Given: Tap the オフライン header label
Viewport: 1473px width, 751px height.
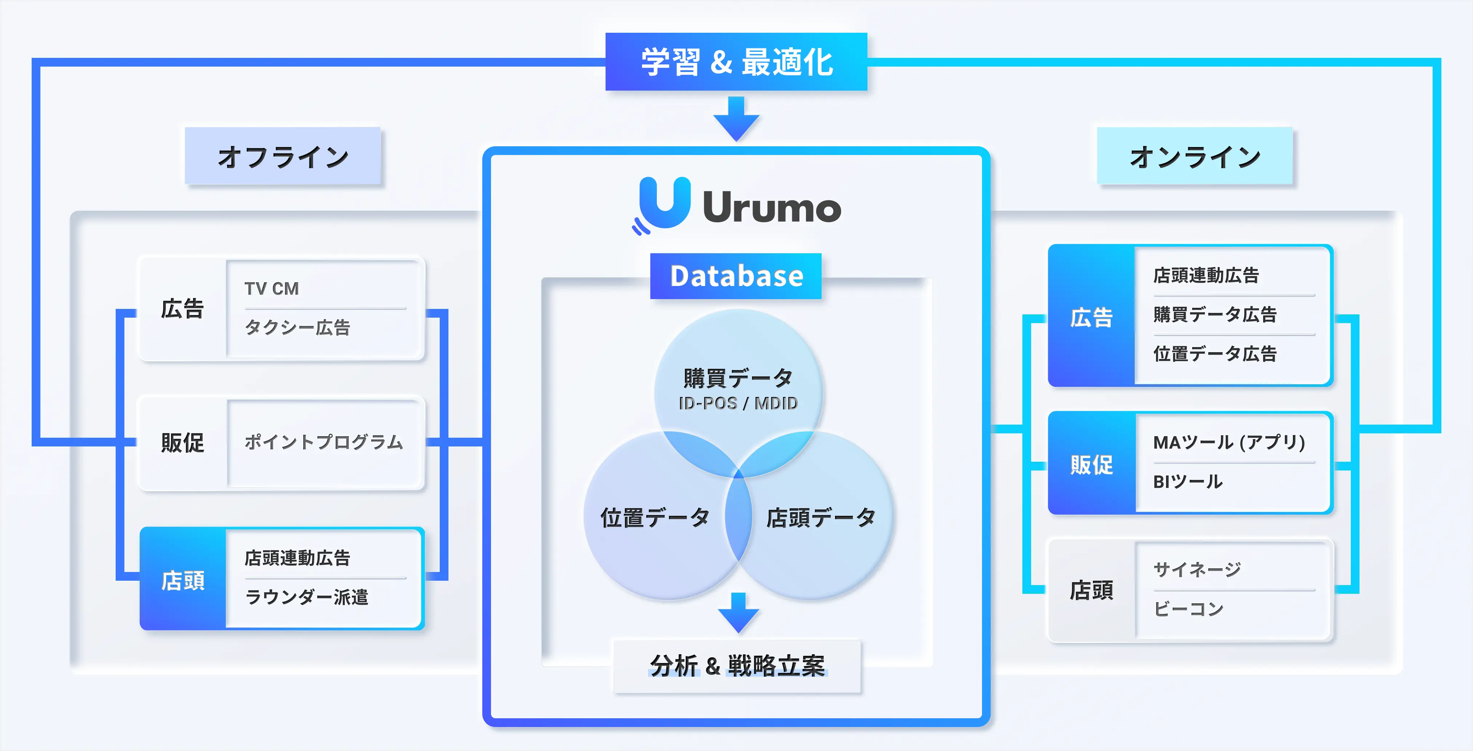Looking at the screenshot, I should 283,156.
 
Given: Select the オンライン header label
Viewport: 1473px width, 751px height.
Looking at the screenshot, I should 1194,156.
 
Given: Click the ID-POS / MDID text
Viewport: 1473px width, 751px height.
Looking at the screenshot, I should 738,403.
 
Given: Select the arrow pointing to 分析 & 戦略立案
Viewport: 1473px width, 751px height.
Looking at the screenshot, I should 738,612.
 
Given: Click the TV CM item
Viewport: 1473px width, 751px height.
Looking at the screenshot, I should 272,288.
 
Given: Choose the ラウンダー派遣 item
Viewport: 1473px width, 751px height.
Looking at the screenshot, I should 307,597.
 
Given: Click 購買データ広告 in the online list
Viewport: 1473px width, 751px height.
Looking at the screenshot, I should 1214,314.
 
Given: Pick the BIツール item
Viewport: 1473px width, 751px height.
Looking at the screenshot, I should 1187,482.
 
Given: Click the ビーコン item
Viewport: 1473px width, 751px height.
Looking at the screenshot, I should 1188,609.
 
